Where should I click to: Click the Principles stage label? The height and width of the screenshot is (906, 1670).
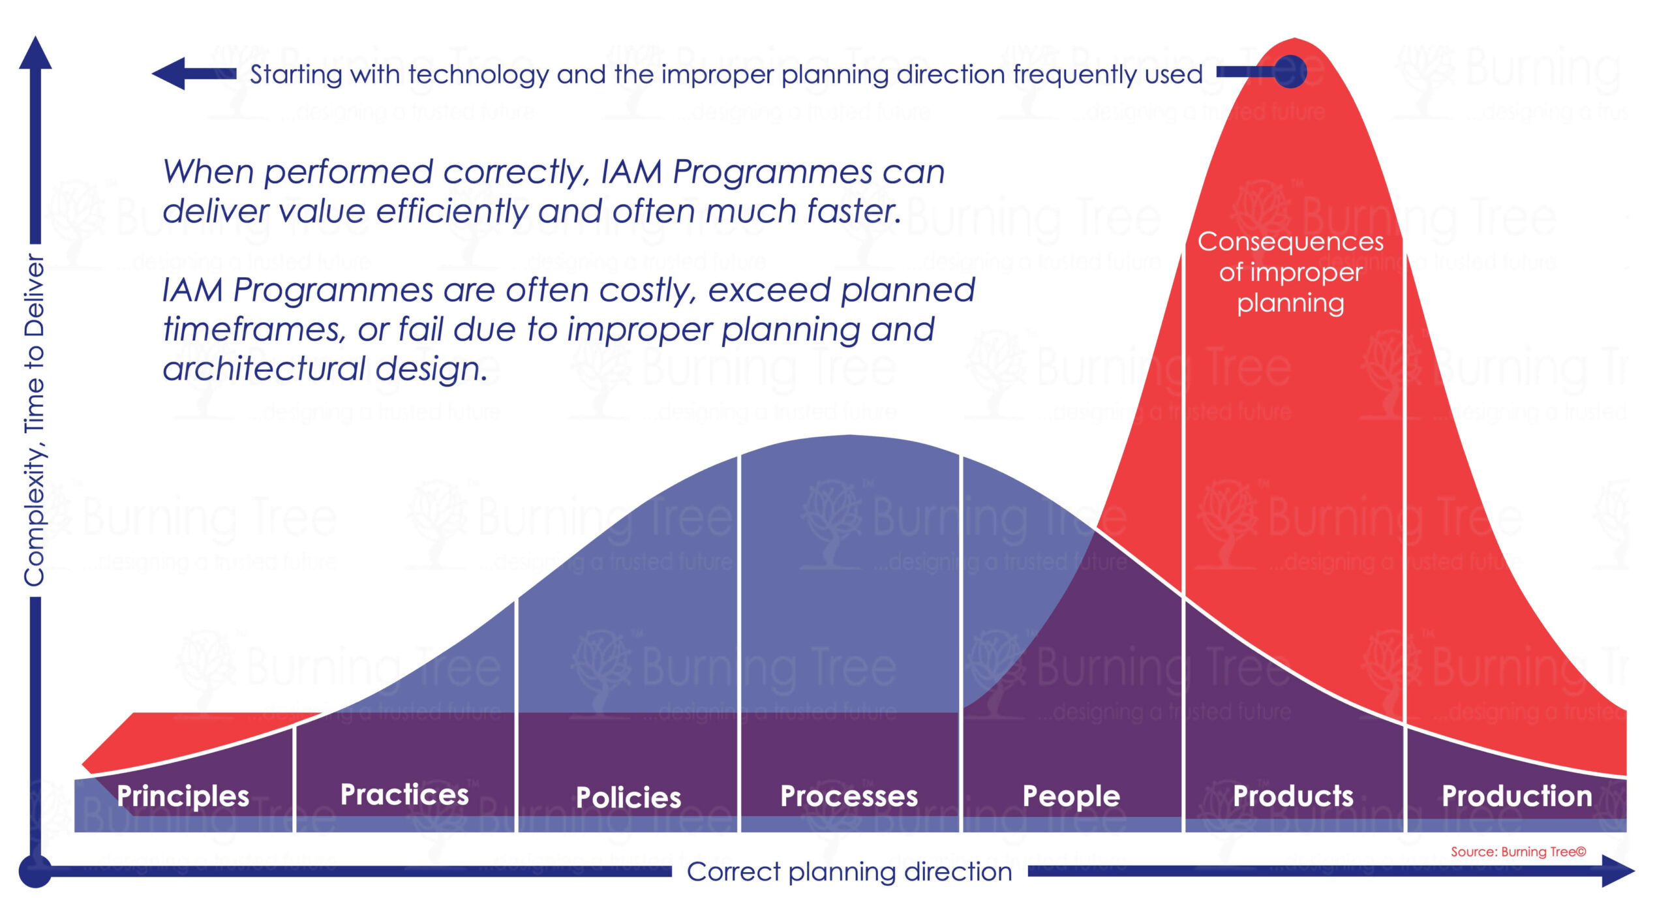[183, 796]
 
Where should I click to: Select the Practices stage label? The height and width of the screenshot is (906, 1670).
[404, 794]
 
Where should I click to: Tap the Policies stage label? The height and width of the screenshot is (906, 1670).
[628, 797]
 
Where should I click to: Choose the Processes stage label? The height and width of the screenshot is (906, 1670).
[849, 796]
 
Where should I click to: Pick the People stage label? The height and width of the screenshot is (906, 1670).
[1071, 796]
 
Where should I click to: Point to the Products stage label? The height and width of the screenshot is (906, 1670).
[1293, 796]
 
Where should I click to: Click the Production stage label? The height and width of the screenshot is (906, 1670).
[1517, 796]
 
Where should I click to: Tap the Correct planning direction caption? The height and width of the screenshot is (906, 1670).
[849, 871]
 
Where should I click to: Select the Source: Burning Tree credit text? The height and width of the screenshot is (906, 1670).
[1518, 852]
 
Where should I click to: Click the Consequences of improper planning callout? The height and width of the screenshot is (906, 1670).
[1290, 272]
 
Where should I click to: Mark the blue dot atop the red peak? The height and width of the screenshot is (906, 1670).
[1290, 71]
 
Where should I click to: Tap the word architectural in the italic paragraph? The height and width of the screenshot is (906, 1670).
[264, 369]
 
